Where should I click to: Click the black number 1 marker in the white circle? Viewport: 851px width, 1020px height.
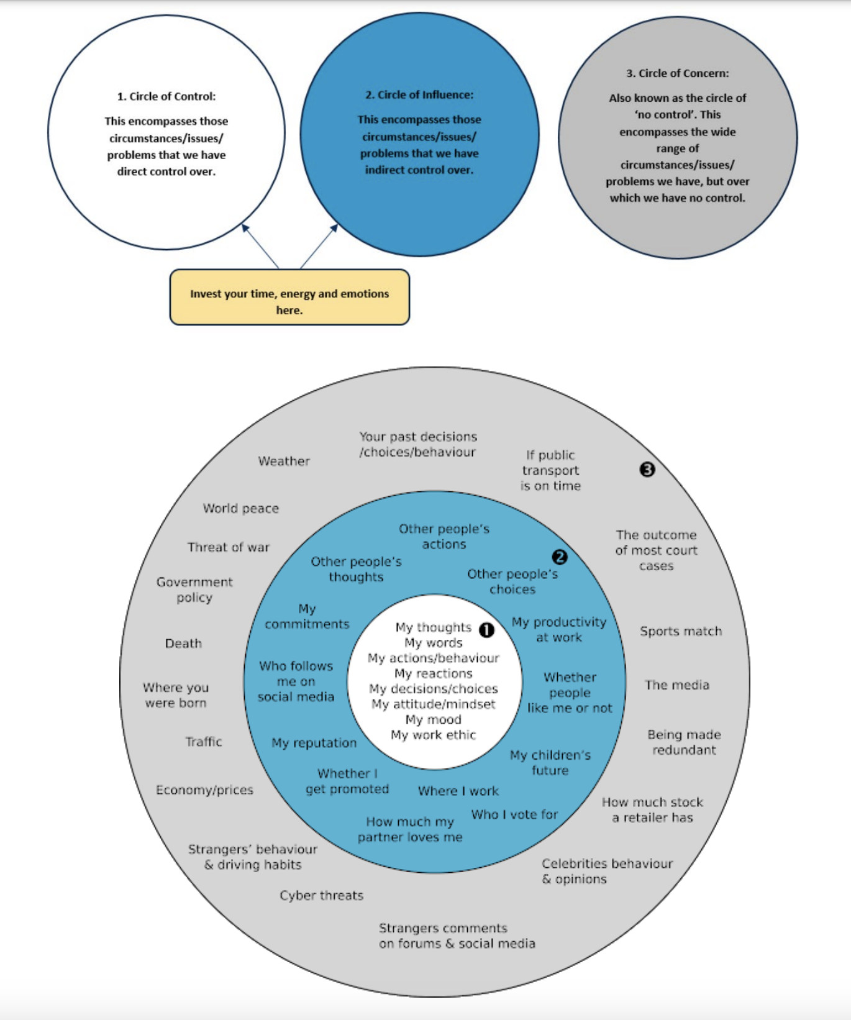487,630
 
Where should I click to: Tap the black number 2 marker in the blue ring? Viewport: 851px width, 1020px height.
560,557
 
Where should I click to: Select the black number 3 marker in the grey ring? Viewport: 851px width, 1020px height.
647,470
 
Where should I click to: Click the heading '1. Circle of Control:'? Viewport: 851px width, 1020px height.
166,96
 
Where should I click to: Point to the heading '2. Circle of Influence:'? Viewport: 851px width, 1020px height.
419,94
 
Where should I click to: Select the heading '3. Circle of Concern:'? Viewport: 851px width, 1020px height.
677,73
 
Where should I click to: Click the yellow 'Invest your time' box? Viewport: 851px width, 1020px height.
289,298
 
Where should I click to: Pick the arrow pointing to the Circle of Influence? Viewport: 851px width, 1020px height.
319,246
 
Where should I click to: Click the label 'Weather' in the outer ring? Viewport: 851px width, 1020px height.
284,461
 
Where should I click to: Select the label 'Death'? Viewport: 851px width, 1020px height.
183,644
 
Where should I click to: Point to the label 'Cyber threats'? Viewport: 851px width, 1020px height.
321,895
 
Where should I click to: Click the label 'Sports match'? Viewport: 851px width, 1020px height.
681,631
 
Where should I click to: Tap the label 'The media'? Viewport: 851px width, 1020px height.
676,685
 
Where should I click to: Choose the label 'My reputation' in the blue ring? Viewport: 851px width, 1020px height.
314,743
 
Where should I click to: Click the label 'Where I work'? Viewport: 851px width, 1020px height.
458,791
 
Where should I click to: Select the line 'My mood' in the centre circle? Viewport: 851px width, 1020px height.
433,719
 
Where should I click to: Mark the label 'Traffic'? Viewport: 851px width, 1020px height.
203,741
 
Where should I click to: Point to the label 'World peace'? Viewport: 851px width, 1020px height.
240,508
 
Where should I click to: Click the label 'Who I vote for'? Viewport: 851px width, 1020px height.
514,814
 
